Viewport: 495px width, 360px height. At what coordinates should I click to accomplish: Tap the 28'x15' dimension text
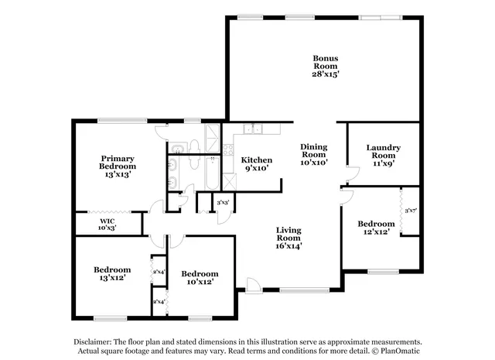[325, 74]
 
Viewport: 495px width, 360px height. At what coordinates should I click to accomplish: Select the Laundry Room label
[382, 151]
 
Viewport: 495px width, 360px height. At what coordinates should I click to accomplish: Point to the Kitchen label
[256, 160]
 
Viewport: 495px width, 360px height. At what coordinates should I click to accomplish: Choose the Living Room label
[289, 234]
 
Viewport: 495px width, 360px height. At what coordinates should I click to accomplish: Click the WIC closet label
[107, 221]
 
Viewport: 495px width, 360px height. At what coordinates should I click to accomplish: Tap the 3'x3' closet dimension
[224, 203]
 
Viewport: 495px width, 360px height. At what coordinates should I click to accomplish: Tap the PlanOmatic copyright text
[396, 351]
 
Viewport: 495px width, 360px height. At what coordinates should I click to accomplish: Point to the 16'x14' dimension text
[289, 246]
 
